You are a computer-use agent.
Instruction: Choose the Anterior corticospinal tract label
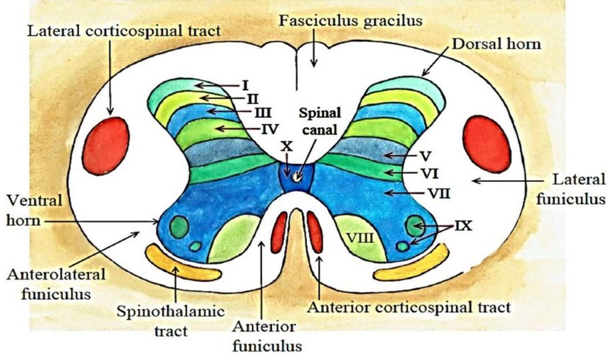click(409, 307)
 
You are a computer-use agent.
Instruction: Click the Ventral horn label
click(31, 209)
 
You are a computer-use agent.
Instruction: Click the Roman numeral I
click(245, 85)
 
